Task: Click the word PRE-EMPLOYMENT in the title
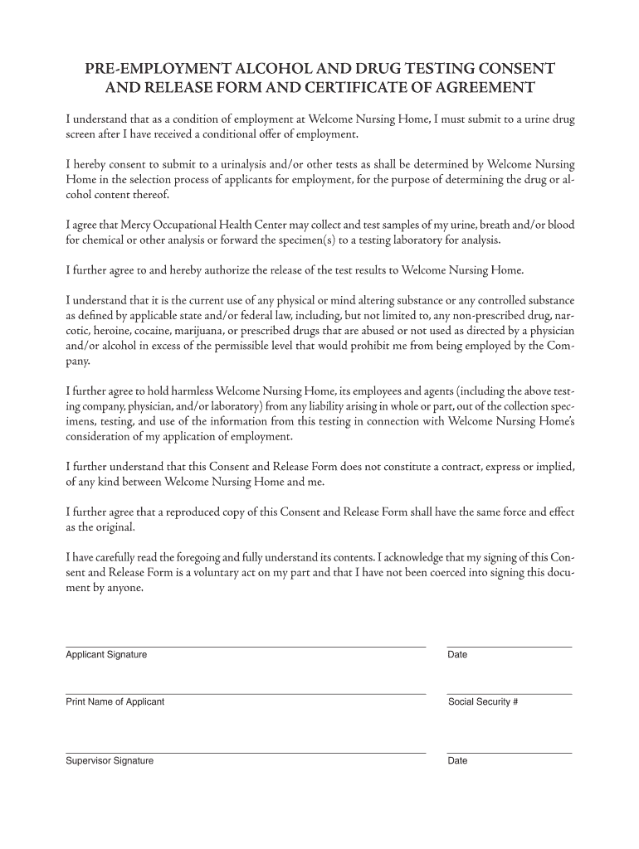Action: click(x=154, y=68)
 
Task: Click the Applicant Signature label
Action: click(x=106, y=655)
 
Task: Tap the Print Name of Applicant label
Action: click(x=115, y=702)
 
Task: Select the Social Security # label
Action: click(x=483, y=702)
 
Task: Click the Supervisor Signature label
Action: click(x=110, y=761)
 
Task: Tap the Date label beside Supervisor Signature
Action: click(x=457, y=761)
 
